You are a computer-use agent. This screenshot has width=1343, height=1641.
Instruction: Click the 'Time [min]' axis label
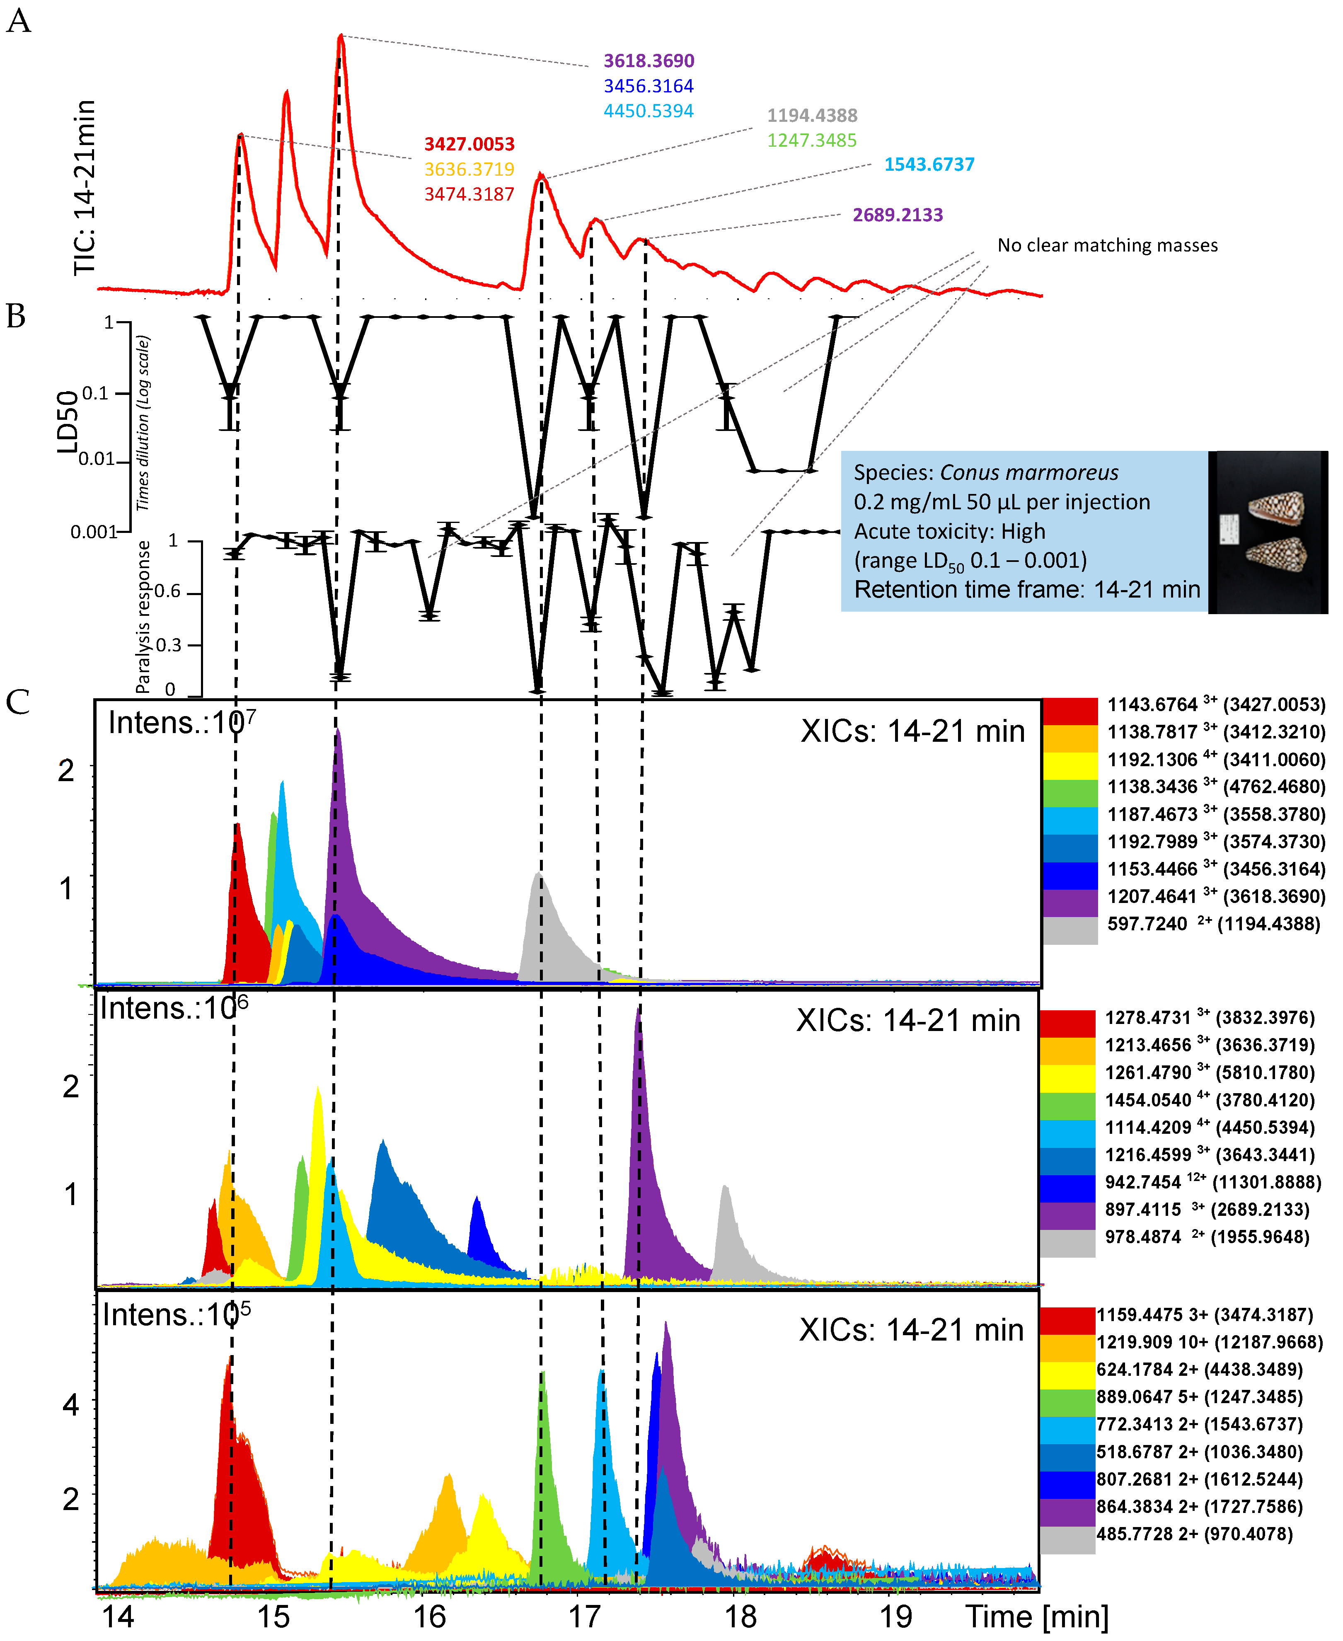point(1037,1615)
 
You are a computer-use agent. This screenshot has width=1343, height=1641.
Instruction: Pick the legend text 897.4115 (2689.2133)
point(1206,1209)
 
